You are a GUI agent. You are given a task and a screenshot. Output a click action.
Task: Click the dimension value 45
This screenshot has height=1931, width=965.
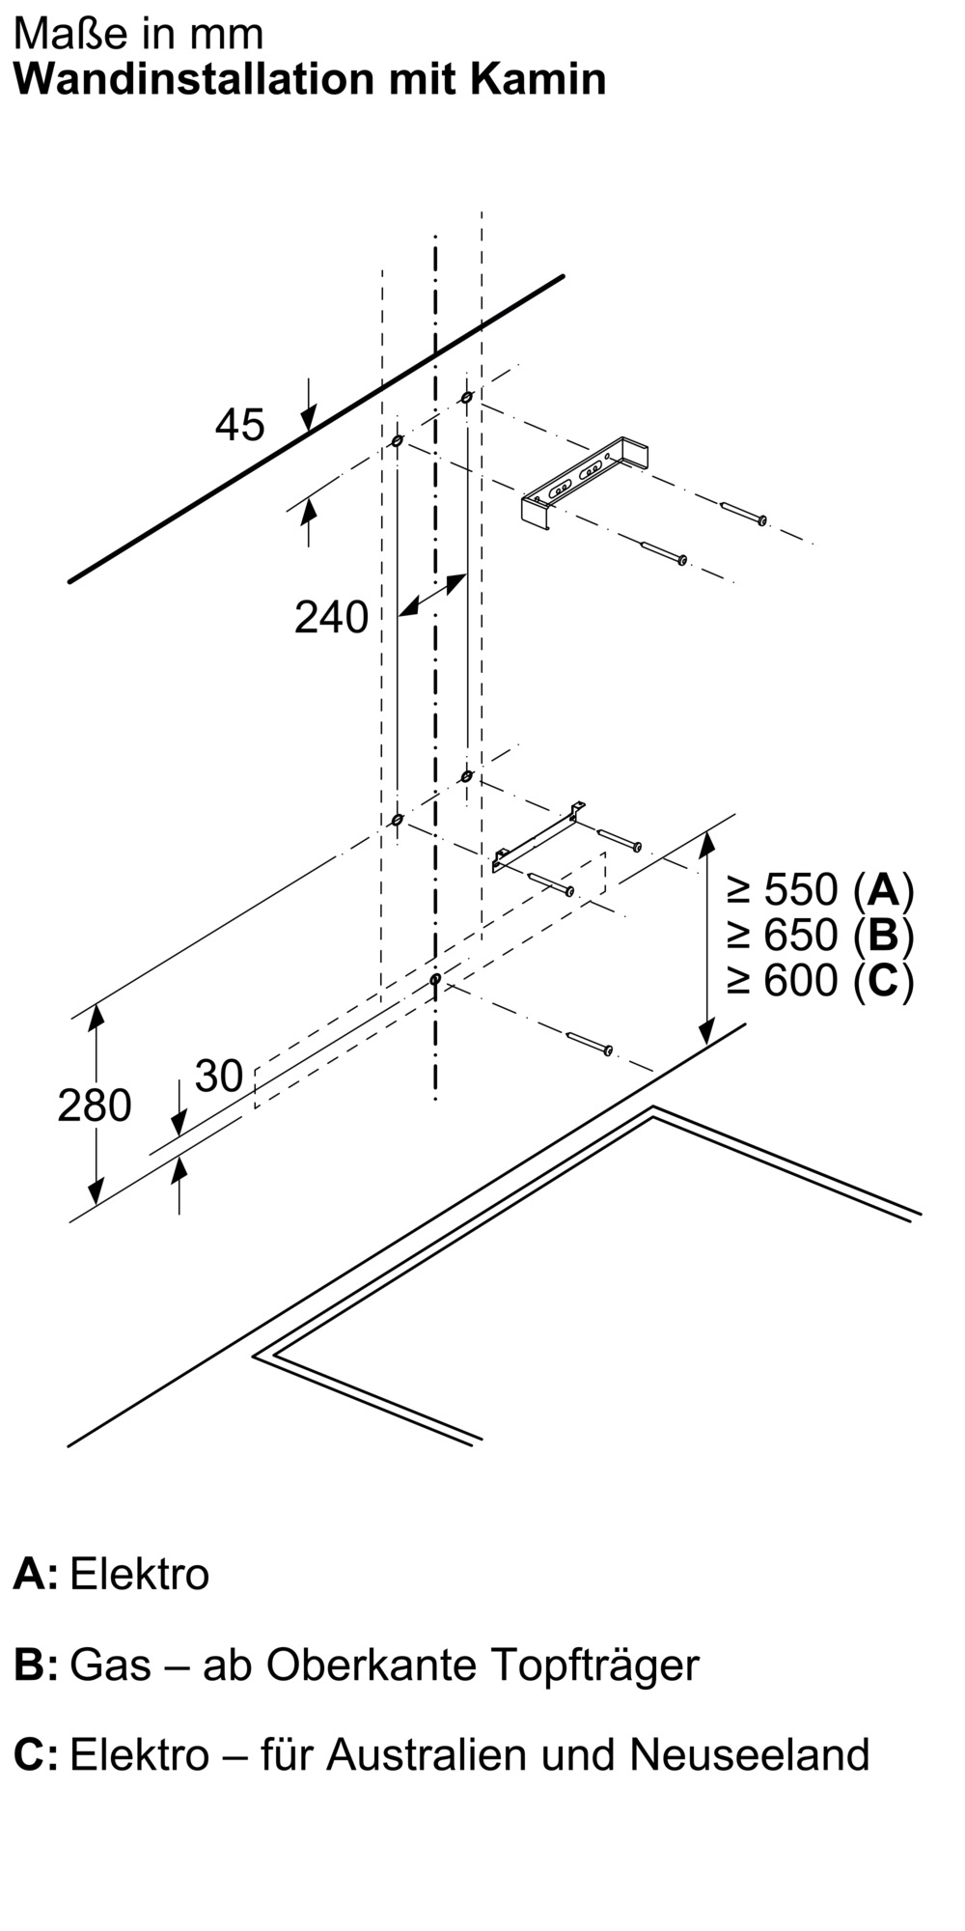pyautogui.click(x=239, y=425)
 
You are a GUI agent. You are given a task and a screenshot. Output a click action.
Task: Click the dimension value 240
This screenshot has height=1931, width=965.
pyautogui.click(x=331, y=618)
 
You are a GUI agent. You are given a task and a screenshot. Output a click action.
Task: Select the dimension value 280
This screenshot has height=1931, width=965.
pyautogui.click(x=94, y=1105)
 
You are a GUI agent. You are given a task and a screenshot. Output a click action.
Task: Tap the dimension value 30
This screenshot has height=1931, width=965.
pyautogui.click(x=219, y=1076)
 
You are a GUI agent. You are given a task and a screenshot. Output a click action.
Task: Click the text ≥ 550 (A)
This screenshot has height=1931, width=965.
pyautogui.click(x=819, y=888)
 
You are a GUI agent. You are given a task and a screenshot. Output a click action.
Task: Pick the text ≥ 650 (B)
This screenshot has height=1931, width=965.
pyautogui.click(x=819, y=935)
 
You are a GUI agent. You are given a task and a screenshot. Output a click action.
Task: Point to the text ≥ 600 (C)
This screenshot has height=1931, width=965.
pyautogui.click(x=819, y=981)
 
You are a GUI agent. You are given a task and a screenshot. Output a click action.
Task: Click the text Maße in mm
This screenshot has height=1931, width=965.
pyautogui.click(x=139, y=34)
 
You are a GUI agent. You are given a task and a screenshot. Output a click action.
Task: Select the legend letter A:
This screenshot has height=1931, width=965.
pyautogui.click(x=35, y=1574)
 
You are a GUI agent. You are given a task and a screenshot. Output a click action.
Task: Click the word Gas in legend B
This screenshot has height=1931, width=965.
pyautogui.click(x=111, y=1665)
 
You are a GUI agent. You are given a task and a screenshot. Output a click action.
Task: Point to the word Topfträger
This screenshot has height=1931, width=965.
pyautogui.click(x=594, y=1665)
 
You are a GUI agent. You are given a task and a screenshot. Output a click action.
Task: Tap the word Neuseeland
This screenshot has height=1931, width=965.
pyautogui.click(x=750, y=1754)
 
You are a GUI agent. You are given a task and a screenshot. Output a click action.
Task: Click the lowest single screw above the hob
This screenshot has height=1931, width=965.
pyautogui.click(x=590, y=1043)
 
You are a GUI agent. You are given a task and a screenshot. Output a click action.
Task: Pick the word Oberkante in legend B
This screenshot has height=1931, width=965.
pyautogui.click(x=372, y=1665)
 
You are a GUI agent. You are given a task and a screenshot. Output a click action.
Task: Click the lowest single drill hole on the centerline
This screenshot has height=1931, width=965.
pyautogui.click(x=436, y=979)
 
